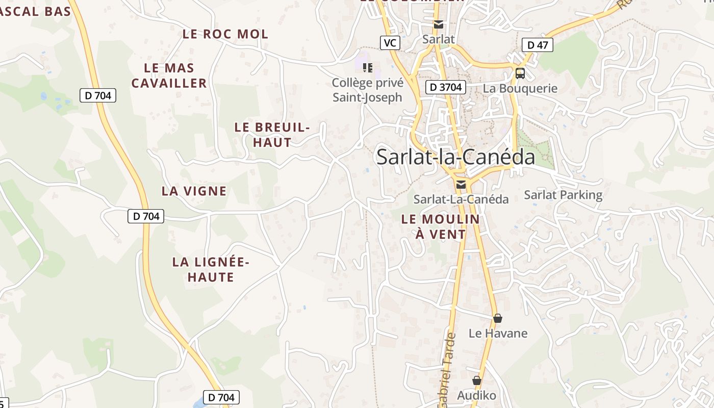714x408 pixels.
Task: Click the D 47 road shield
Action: [538, 45]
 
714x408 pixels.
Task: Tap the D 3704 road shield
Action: [445, 87]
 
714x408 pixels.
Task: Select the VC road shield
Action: [390, 43]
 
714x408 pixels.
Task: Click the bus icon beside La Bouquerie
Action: [520, 73]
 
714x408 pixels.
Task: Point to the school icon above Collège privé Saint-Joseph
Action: [368, 67]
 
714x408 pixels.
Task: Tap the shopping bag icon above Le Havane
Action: [498, 318]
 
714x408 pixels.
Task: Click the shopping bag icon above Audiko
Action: [476, 380]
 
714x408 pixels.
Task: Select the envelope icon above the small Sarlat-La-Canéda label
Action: [461, 185]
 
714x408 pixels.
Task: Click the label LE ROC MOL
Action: [225, 34]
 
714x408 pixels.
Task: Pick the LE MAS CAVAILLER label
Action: [169, 75]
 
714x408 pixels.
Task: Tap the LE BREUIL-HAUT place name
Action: [272, 135]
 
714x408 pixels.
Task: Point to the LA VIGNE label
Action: [194, 191]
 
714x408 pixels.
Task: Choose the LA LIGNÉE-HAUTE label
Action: [211, 270]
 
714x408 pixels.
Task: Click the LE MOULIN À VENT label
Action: [441, 227]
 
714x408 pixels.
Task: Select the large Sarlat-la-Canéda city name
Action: [455, 157]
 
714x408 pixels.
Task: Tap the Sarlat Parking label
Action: [563, 195]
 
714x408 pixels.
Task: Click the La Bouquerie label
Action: [520, 88]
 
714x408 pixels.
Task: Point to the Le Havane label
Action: [498, 334]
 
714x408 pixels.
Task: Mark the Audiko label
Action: [476, 395]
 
